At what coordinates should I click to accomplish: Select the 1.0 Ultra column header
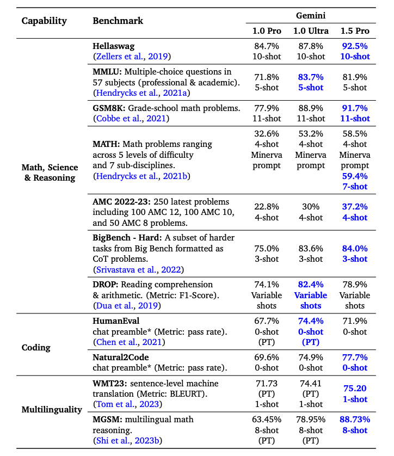309,30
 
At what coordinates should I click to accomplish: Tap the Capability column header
44,21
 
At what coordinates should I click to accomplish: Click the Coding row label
37,347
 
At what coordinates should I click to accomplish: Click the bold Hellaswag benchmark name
114,46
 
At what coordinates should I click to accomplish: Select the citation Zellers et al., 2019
132,56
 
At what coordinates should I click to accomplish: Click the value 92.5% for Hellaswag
355,46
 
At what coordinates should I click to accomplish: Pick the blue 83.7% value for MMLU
309,77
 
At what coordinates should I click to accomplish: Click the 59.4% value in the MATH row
355,176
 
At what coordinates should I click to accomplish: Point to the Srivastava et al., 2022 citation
138,269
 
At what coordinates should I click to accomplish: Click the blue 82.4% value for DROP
309,285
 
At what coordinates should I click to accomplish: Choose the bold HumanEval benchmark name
116,321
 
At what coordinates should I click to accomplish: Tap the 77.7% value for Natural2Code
355,358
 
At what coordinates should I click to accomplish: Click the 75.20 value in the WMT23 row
355,389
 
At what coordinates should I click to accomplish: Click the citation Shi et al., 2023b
128,440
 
